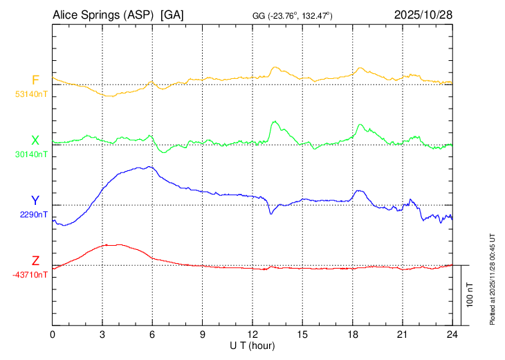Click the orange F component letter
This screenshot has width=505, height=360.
tap(35, 80)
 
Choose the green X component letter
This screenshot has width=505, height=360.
tap(35, 141)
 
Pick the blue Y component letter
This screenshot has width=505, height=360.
tap(35, 200)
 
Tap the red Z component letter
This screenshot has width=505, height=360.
tap(35, 260)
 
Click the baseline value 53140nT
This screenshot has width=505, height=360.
tap(32, 94)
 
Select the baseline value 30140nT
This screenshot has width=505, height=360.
tap(32, 154)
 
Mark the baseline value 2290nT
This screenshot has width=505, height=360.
tap(34, 215)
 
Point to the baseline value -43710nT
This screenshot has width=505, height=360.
tap(30, 275)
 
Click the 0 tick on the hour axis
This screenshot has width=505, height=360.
tap(53, 334)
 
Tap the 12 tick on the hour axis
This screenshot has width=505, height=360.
tap(252, 334)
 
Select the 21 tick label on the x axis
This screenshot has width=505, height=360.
tap(402, 334)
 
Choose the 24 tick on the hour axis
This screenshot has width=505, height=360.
tap(452, 334)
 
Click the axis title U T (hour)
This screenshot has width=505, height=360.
tap(252, 345)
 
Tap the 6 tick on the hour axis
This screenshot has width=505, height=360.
tap(152, 334)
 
